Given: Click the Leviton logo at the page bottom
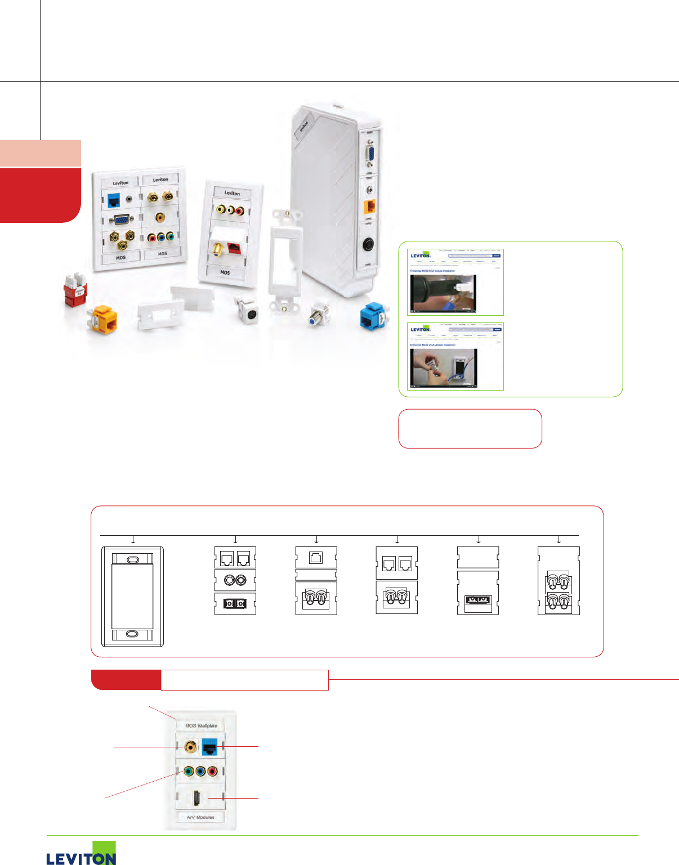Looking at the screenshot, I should (81, 854).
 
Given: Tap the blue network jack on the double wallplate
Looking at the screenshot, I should (114, 200).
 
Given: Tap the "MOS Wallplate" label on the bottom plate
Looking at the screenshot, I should (201, 725).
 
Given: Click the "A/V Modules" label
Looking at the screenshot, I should (200, 817).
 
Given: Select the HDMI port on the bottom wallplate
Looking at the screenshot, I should (198, 798).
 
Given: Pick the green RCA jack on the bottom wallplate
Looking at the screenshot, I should (189, 771).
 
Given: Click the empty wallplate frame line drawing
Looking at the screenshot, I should (132, 597).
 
